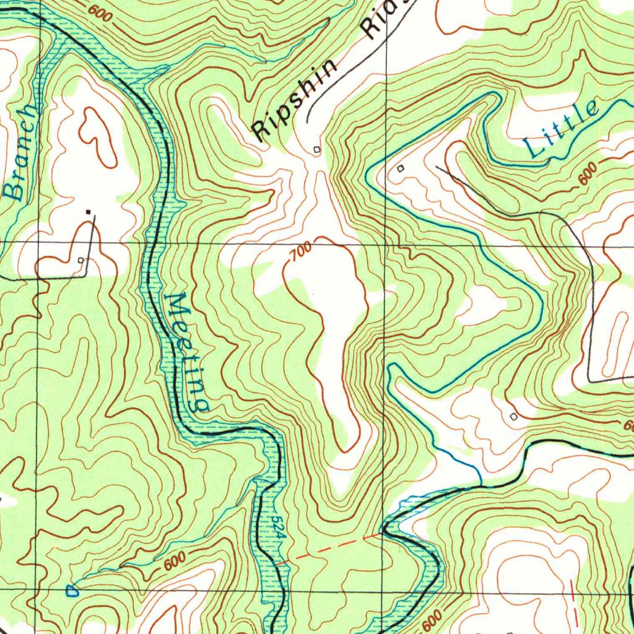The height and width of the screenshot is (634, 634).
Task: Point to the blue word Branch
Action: click(x=22, y=155)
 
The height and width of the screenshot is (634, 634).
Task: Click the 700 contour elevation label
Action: click(x=301, y=251)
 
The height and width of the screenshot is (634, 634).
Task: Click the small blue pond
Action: click(x=72, y=591)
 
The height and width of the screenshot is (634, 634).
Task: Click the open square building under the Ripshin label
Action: click(x=317, y=149)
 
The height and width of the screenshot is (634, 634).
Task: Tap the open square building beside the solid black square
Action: click(x=82, y=261)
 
